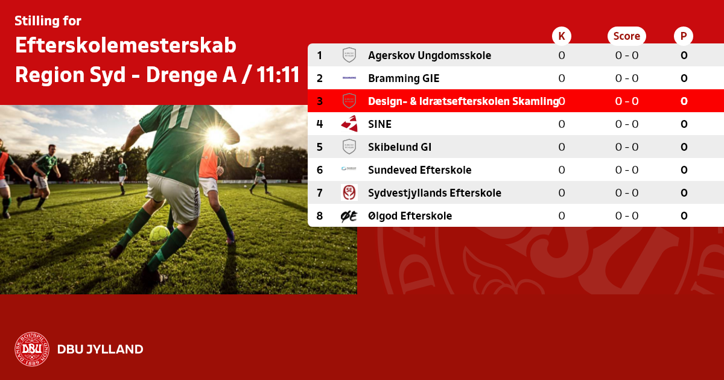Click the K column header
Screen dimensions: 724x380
[562, 36]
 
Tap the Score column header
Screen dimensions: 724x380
[627, 36]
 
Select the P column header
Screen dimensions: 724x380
[684, 36]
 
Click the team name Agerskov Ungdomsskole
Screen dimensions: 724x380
[430, 55]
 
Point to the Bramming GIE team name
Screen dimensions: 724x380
[404, 78]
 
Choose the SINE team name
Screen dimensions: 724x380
[379, 124]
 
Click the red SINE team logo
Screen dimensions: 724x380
[349, 124]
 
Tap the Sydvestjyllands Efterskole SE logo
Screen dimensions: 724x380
[349, 192]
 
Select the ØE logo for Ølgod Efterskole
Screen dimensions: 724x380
[349, 216]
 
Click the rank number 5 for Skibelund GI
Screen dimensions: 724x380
[320, 147]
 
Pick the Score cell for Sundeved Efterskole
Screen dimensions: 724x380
[627, 170]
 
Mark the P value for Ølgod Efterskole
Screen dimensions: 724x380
[684, 216]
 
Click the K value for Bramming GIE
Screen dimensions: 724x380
[562, 78]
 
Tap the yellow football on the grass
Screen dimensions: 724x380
[160, 235]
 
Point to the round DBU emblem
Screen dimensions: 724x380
[32, 349]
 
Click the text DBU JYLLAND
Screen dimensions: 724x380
[100, 349]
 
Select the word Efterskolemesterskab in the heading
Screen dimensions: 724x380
[125, 45]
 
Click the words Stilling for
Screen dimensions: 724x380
[48, 21]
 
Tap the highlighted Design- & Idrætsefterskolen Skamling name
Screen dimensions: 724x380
[463, 101]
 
